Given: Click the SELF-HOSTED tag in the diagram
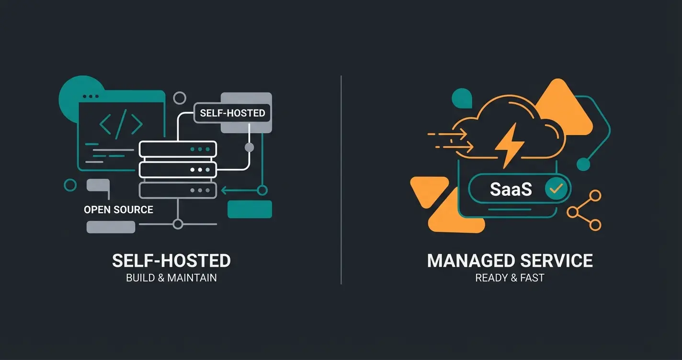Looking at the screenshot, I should point(232,113).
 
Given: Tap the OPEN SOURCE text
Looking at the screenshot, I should point(118,210).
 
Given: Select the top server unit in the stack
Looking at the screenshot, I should point(178,149).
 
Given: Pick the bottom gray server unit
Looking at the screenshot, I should point(178,190).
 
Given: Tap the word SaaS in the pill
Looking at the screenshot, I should point(511,189).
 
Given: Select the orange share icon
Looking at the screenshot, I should point(584,210).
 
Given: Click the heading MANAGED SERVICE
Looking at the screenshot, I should point(510,261).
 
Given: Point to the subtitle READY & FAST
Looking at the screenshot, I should point(510,278).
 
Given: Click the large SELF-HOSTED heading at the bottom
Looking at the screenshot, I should point(171,261).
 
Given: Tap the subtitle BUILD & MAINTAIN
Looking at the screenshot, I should point(171,278).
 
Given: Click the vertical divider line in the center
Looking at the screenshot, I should point(341,180).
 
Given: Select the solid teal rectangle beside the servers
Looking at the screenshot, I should point(250,209).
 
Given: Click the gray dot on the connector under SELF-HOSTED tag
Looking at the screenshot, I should point(249,147).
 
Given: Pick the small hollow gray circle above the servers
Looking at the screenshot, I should point(180,99).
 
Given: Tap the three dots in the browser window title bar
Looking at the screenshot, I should point(91,96).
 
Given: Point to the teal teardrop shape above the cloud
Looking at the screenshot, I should point(461,98).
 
